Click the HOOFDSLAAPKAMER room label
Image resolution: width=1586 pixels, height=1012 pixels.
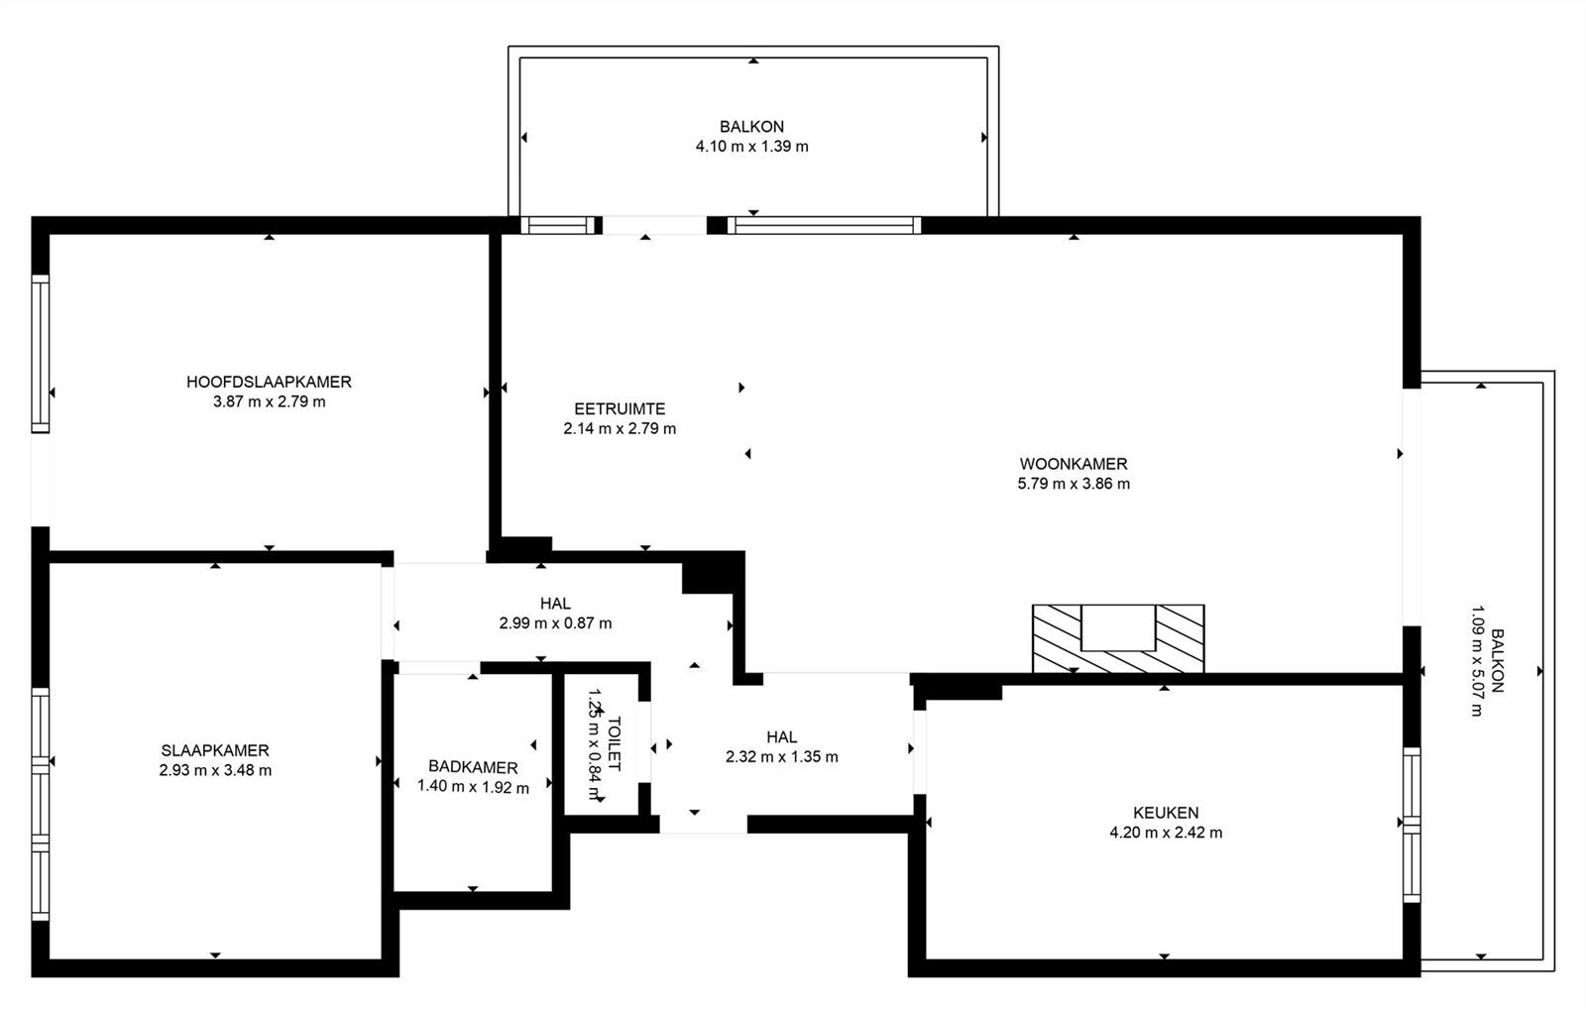[x=269, y=382]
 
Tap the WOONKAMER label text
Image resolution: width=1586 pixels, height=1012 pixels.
[x=1074, y=464]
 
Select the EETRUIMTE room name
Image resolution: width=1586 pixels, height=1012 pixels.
[x=620, y=408]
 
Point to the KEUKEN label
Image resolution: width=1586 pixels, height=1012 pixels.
[x=1166, y=813]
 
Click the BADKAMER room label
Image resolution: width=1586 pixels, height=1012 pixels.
[x=473, y=767]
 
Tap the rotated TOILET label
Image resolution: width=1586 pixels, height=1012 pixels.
[x=614, y=743]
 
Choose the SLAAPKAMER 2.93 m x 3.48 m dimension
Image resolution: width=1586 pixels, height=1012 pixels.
[x=215, y=770]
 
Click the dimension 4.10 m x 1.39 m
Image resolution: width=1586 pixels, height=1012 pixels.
[x=752, y=147]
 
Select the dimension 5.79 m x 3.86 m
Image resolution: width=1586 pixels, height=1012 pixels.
[x=1074, y=484]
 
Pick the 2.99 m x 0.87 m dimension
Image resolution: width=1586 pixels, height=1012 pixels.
[x=555, y=623]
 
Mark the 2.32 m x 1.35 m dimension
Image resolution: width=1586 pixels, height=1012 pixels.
[x=782, y=757]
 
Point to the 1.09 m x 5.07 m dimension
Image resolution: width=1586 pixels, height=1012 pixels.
[x=1476, y=661]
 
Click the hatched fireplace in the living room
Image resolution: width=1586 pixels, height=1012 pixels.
[x=1118, y=638]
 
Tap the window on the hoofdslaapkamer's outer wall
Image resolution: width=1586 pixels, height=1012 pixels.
[x=41, y=354]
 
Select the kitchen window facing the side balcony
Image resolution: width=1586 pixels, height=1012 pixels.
[x=1412, y=825]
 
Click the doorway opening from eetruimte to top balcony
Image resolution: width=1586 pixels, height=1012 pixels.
[x=654, y=225]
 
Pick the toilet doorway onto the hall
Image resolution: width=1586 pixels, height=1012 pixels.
[x=644, y=741]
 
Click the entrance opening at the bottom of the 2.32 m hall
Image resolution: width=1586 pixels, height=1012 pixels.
[x=703, y=824]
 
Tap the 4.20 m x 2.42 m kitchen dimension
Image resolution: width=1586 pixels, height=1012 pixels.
[x=1166, y=833]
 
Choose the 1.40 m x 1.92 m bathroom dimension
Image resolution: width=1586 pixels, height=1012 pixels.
[x=473, y=787]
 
